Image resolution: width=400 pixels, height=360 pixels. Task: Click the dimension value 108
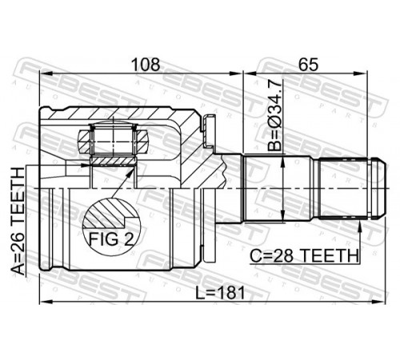point(146,65)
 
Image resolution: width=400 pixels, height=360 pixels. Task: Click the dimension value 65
point(308,65)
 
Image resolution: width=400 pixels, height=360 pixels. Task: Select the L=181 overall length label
point(220,293)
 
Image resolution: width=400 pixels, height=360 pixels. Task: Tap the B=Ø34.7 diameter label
point(274,115)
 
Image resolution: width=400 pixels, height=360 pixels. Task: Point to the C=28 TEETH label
point(304,256)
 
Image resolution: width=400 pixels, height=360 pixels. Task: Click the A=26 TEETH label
point(18,221)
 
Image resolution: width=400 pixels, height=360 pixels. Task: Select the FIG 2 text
point(111,239)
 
